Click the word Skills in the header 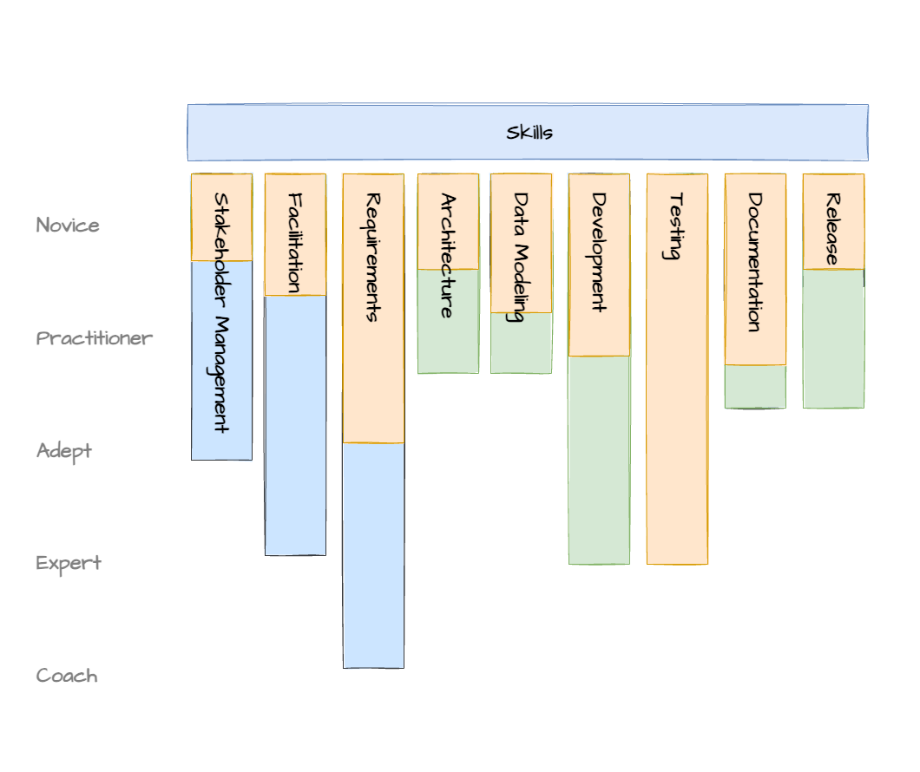click(529, 133)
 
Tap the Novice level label click(68, 225)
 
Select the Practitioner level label click(94, 338)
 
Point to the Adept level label click(64, 451)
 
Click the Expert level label click(68, 563)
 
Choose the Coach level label click(67, 676)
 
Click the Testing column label click(676, 226)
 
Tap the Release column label click(832, 229)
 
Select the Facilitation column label click(295, 243)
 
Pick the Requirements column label click(373, 258)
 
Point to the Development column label click(599, 252)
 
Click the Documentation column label click(754, 263)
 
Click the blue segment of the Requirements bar click(374, 556)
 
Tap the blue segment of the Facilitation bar click(296, 426)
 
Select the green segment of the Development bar click(599, 460)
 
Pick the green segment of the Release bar click(834, 339)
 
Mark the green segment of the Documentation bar click(755, 386)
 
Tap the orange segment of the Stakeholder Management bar click(222, 217)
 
